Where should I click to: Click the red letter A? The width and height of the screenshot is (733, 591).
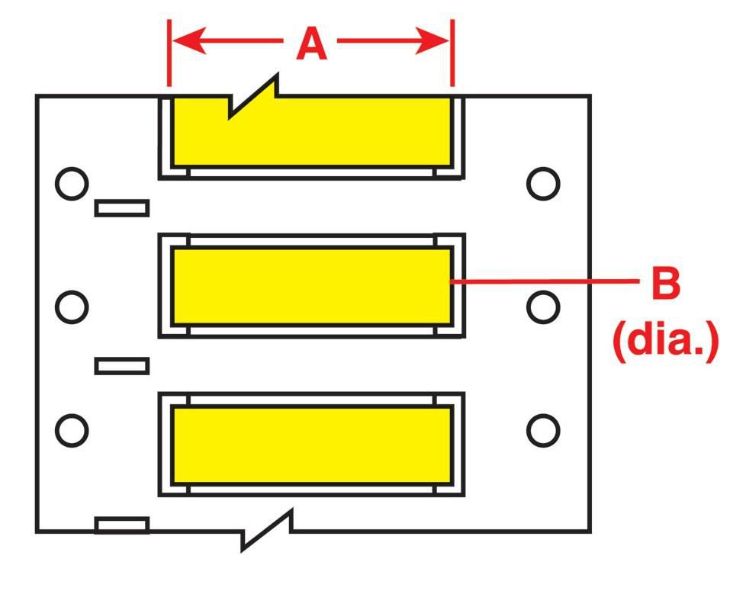tap(311, 43)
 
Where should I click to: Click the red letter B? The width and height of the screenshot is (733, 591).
tap(666, 283)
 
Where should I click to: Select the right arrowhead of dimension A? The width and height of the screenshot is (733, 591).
tap(432, 40)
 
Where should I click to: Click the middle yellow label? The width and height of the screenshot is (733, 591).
tap(312, 286)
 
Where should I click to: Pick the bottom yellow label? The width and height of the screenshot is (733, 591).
tap(312, 445)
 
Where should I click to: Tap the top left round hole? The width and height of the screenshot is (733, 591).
tap(72, 184)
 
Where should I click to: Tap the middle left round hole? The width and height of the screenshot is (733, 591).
tap(72, 307)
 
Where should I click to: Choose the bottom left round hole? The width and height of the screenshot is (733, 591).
tap(72, 430)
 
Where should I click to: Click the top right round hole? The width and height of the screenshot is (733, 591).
tap(543, 184)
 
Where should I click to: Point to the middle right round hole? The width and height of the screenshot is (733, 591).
tap(543, 307)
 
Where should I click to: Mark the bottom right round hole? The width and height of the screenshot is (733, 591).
tap(543, 430)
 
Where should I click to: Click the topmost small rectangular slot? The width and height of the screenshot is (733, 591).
tap(122, 208)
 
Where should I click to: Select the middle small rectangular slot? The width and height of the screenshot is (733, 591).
tap(122, 366)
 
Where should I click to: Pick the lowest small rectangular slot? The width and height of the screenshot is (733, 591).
tap(122, 525)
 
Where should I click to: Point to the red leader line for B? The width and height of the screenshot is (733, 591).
tap(544, 281)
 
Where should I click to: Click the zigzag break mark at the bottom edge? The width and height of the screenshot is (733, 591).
tap(267, 530)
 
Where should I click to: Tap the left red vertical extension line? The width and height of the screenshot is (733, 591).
tap(169, 53)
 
